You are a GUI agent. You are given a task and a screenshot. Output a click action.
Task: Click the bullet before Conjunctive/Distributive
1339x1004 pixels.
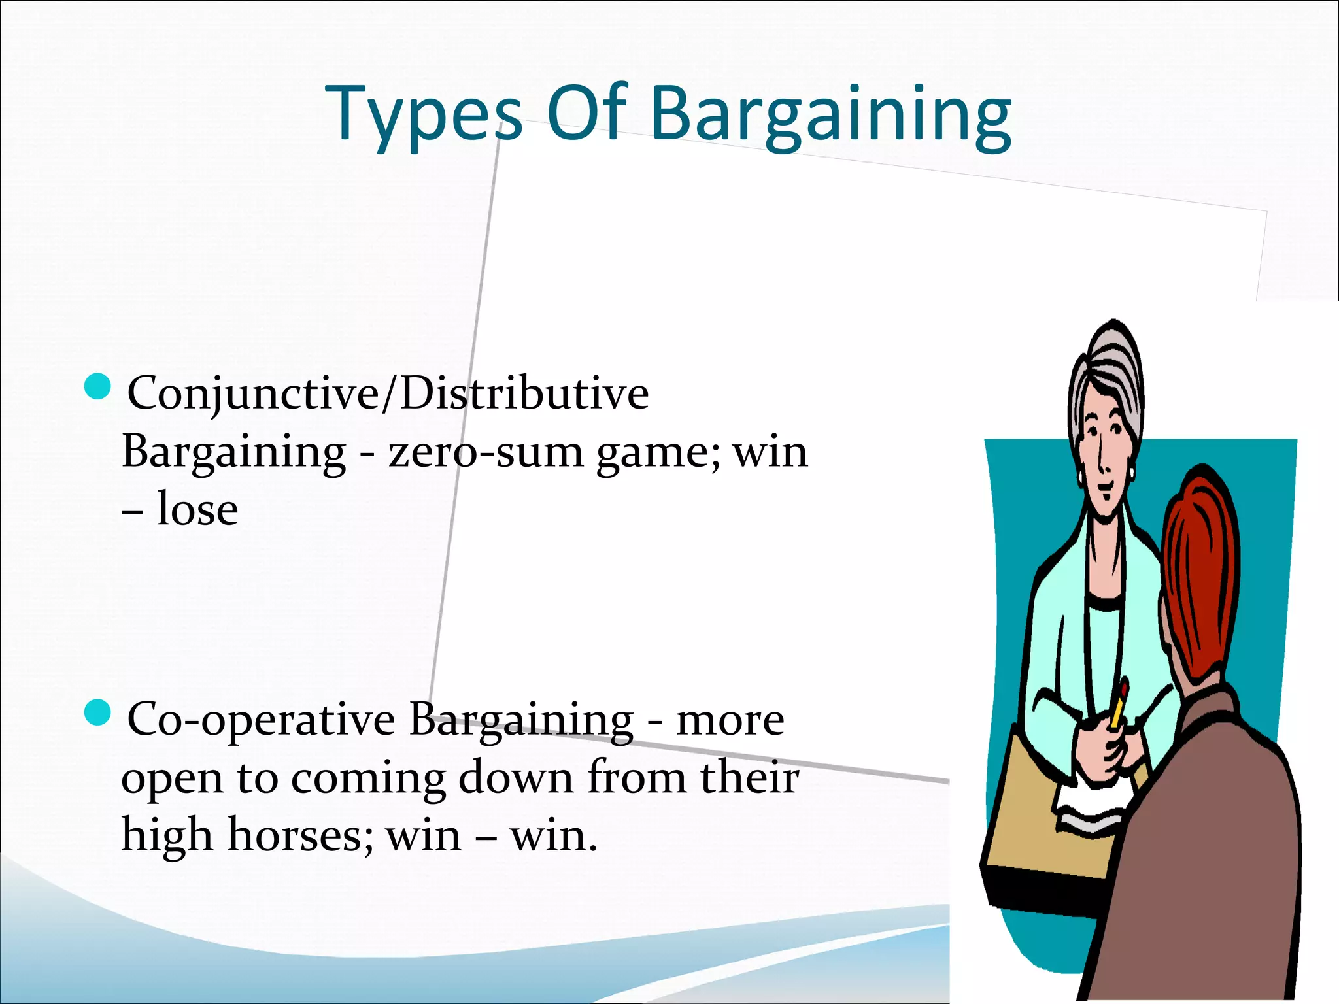coord(98,386)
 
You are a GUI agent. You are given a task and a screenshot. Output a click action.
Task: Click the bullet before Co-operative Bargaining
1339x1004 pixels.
coord(98,712)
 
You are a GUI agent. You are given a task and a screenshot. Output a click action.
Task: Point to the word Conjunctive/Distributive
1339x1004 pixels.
coord(388,394)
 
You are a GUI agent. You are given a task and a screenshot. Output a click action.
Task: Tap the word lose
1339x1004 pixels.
coord(197,510)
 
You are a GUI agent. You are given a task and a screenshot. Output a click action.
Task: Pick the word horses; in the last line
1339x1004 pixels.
coord(300,836)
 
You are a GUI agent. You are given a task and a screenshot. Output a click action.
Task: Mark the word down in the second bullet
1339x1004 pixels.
coord(515,778)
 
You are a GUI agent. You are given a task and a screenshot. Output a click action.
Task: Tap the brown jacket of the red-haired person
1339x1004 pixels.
coord(1210,850)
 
